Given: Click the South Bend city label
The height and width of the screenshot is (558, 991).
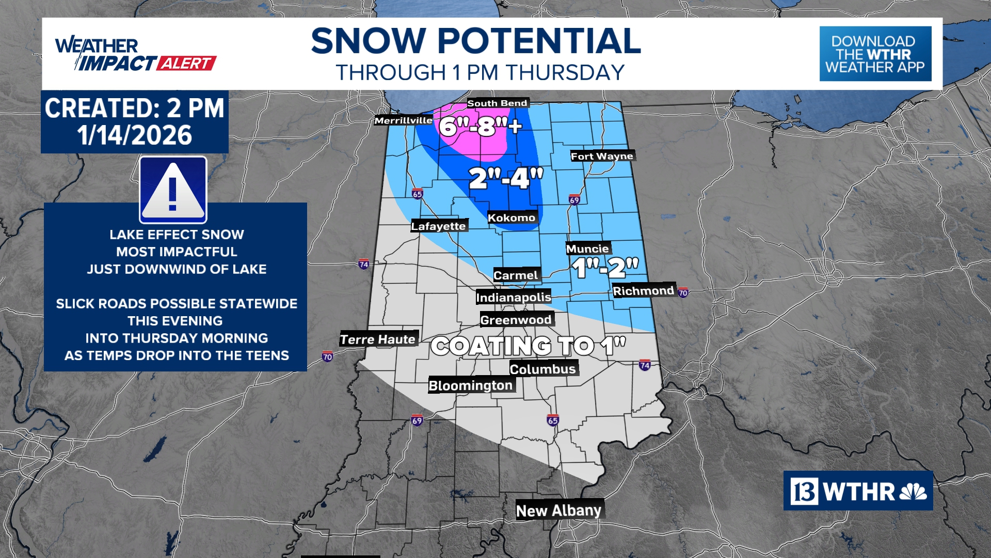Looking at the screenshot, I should [497, 103].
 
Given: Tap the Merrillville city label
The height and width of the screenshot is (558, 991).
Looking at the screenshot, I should [403, 120].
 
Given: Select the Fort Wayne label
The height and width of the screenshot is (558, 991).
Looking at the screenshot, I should [602, 156].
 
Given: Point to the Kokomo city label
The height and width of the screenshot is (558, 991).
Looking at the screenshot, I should [512, 218].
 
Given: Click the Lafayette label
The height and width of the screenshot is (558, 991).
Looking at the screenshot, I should [439, 226].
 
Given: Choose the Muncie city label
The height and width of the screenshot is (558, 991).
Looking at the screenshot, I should [587, 249].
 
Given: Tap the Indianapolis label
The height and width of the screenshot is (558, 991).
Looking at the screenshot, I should [514, 297].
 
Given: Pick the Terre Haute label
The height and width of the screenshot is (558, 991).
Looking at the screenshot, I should [378, 339].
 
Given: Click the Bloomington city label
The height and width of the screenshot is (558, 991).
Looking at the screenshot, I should [471, 385].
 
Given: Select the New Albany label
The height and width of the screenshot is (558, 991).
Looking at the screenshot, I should [559, 510].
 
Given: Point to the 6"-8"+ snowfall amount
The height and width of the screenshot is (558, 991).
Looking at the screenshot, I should [480, 126].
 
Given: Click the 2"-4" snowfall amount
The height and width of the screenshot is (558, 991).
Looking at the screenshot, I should [506, 178].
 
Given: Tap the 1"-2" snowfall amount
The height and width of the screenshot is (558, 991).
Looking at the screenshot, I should [605, 268].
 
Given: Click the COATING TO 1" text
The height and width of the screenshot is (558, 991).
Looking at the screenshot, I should [528, 346].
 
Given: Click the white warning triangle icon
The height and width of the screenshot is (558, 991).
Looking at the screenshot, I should [173, 190].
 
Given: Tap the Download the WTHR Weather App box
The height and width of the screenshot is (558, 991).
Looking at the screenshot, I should [875, 54].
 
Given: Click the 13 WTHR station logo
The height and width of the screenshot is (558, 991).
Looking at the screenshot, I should [858, 491].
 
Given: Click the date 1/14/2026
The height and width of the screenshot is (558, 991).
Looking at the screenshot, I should [135, 135].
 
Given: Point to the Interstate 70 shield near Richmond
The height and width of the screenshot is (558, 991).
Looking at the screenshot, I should [683, 293].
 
